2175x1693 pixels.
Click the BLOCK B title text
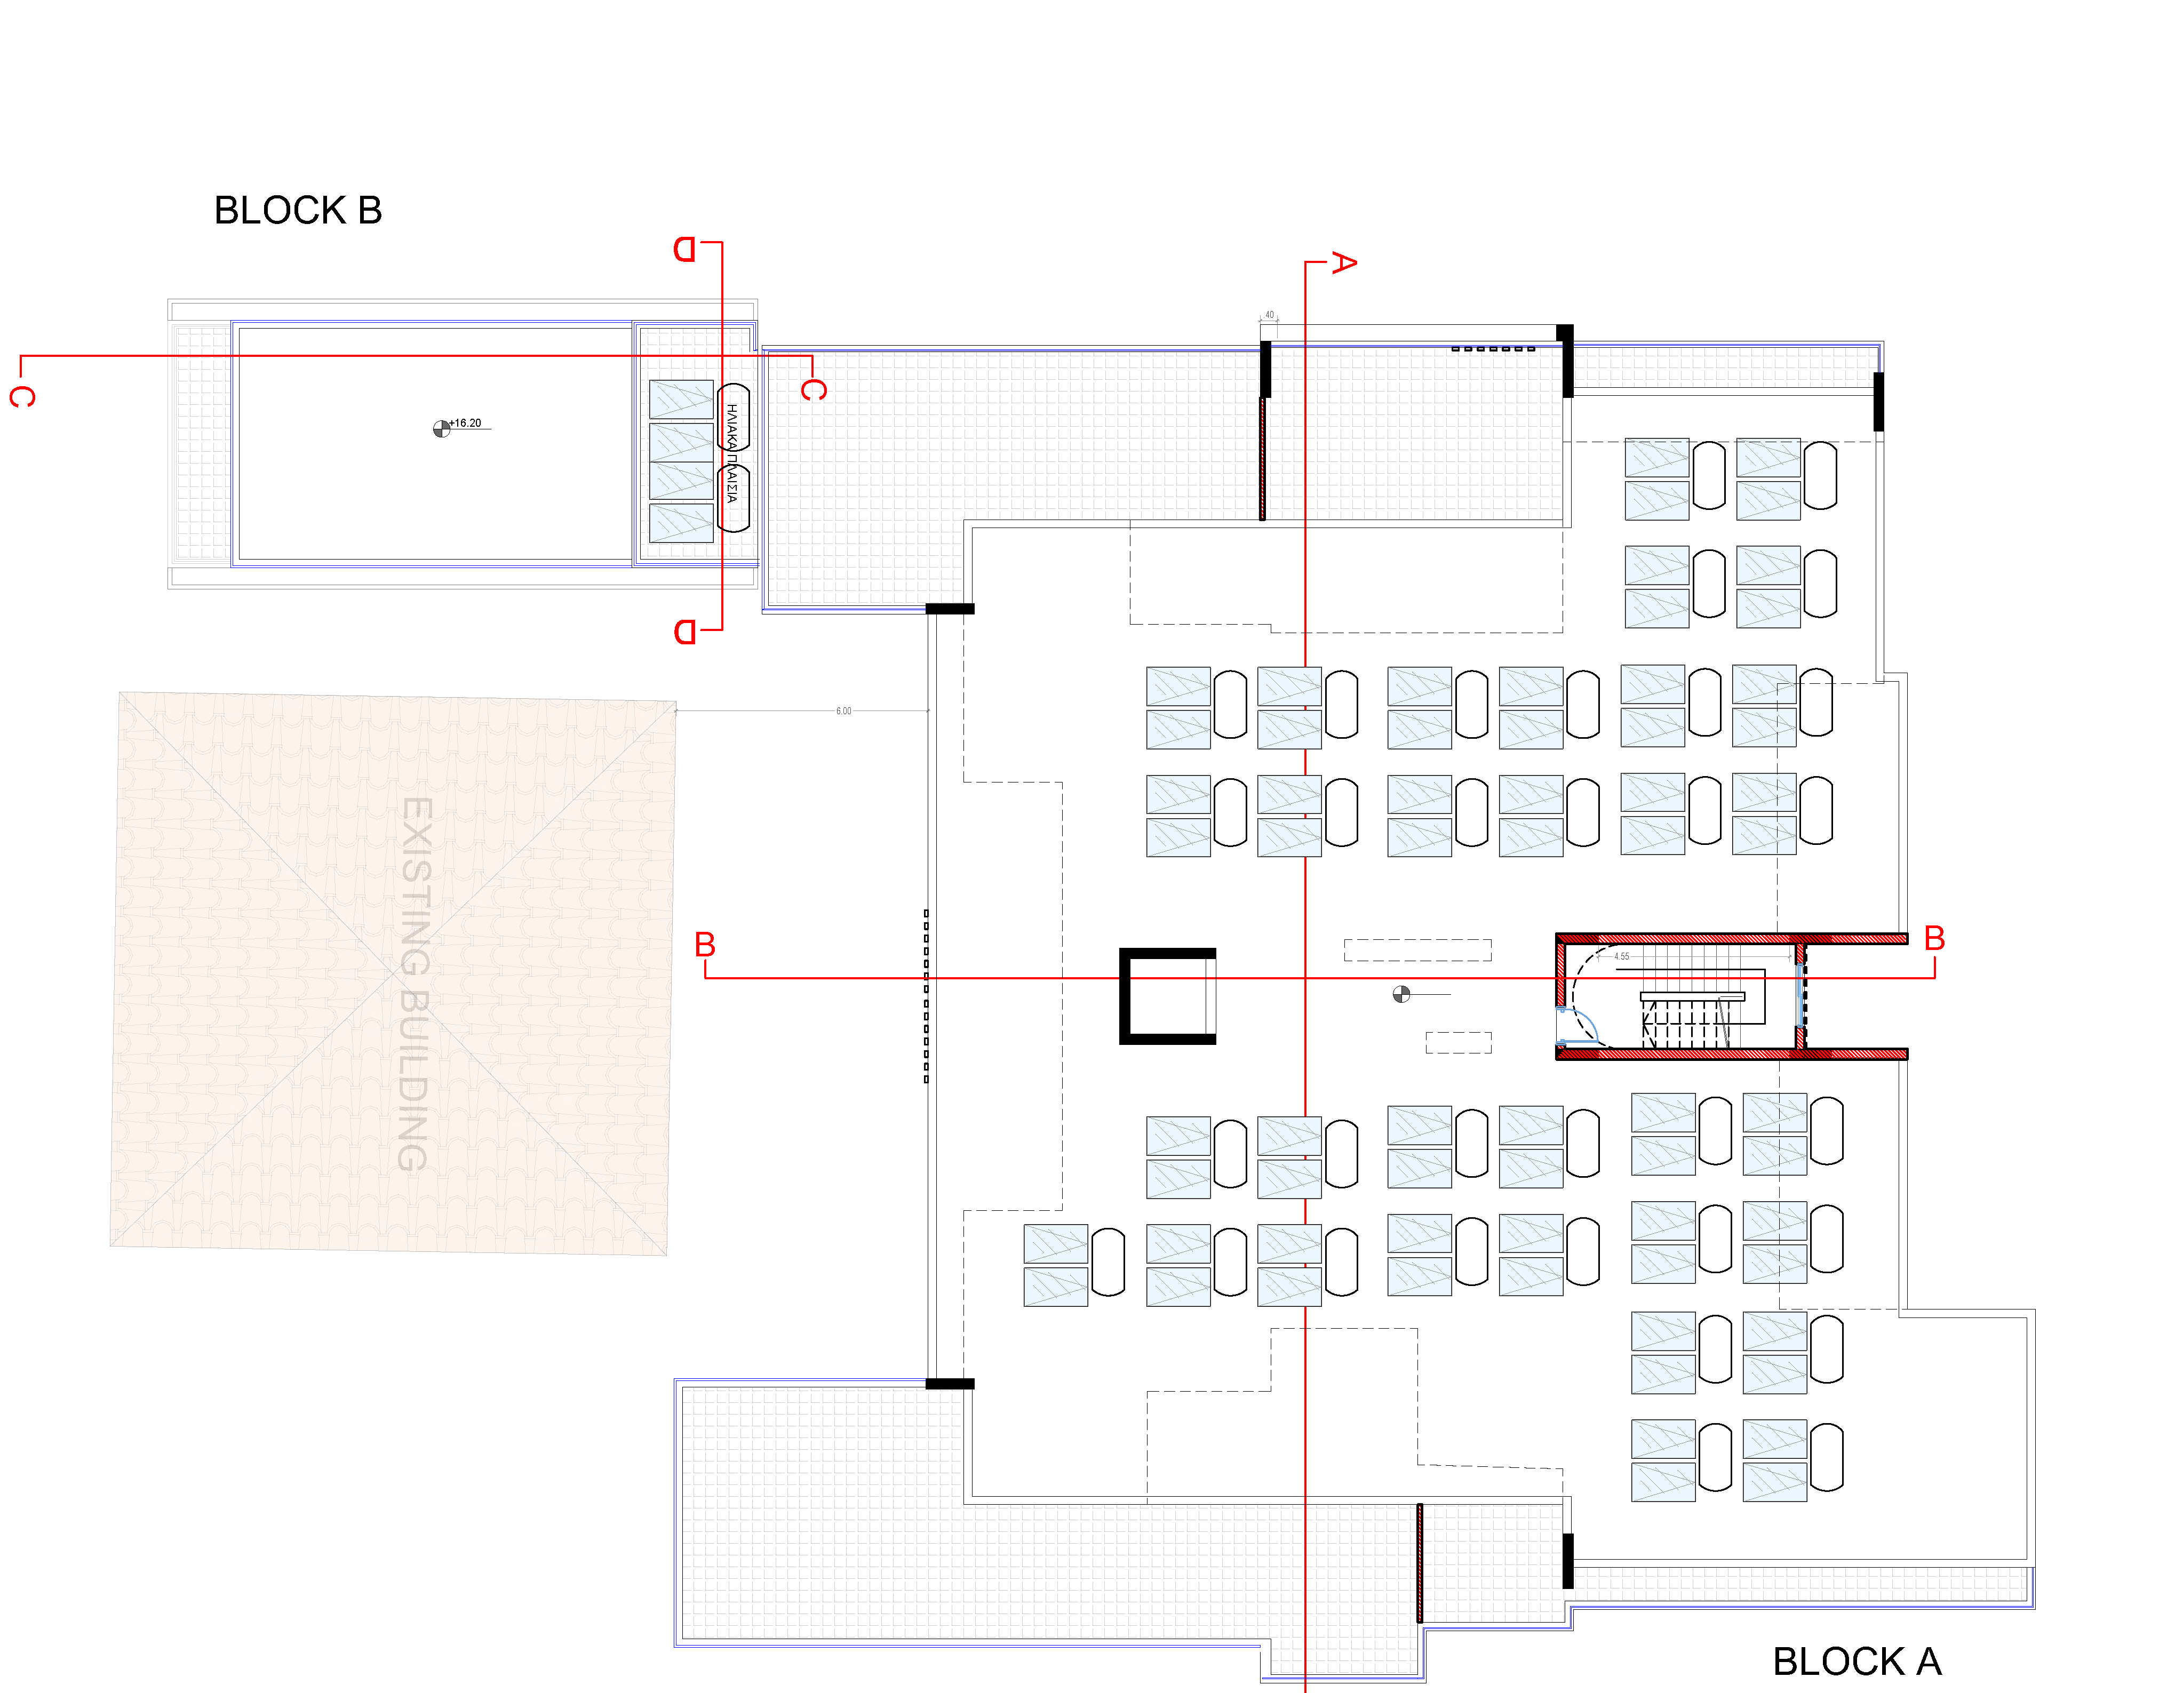(x=298, y=210)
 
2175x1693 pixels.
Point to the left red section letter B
(x=705, y=944)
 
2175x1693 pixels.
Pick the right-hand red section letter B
(x=1934, y=938)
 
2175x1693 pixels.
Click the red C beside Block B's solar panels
(x=814, y=389)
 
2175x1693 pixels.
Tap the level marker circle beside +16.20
(x=441, y=429)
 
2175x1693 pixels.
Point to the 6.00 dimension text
(x=843, y=711)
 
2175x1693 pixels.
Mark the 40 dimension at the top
(x=1269, y=315)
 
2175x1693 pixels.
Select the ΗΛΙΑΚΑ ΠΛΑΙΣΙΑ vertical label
(x=732, y=453)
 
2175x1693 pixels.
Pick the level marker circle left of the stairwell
(x=1401, y=994)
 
